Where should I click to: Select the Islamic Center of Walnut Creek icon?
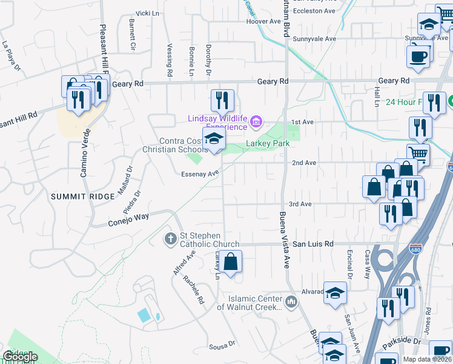coord(291,301)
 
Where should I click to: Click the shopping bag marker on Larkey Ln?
coord(231,263)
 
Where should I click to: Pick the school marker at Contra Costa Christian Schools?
coord(213,140)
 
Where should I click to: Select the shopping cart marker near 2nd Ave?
coord(417,154)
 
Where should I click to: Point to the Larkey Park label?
coord(267,144)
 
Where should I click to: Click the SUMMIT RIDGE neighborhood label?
coord(82,197)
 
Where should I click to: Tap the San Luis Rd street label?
coord(313,244)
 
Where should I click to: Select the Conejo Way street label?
coord(129,217)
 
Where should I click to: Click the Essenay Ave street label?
coord(199,174)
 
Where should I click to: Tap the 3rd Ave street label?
coord(300,204)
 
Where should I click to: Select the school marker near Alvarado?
coord(334,293)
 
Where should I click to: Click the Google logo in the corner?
coord(20,357)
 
